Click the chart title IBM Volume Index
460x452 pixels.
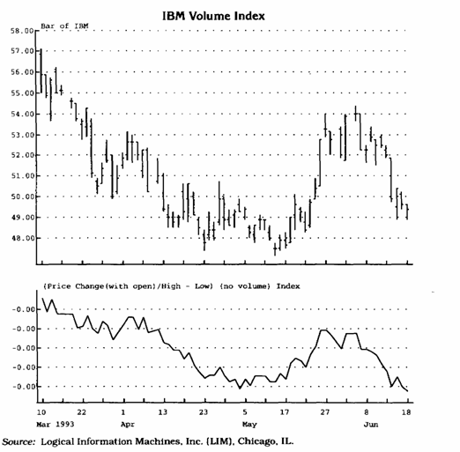(213, 16)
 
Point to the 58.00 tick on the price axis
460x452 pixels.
(22, 31)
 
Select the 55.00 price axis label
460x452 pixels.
(22, 93)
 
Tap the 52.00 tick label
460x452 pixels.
(22, 155)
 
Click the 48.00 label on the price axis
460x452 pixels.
(22, 238)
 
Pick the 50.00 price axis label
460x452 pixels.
(22, 196)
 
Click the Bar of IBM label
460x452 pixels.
(64, 26)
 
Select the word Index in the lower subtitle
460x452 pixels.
(288, 286)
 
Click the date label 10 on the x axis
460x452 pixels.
(41, 412)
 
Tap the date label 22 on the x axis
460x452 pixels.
(82, 412)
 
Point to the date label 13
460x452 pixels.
(163, 412)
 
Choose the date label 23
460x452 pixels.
(204, 412)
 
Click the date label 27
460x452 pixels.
(324, 412)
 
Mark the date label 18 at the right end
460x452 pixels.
(406, 412)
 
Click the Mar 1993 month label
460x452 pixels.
(56, 425)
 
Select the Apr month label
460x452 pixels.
(128, 425)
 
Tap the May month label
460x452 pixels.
(249, 425)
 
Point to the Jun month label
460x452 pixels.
(371, 425)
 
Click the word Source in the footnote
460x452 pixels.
(19, 441)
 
